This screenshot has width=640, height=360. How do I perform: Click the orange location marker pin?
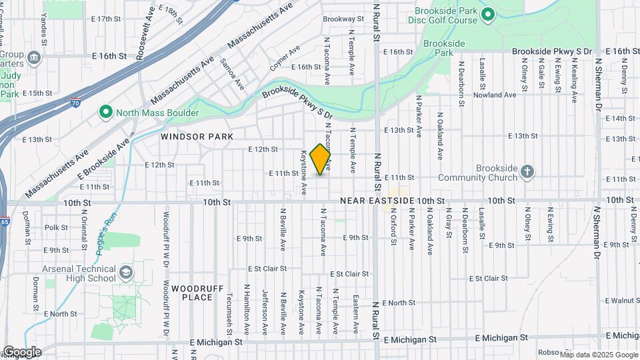tap(321, 159)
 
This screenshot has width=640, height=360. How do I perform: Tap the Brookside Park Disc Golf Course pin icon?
tap(487, 14)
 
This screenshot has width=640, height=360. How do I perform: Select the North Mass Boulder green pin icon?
tap(105, 112)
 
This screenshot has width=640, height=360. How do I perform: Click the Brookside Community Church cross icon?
tap(527, 172)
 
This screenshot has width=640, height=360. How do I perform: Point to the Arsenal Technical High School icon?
tap(126, 273)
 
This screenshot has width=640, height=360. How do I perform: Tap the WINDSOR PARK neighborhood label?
tap(197, 136)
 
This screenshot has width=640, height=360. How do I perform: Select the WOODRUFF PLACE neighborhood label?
tap(191, 293)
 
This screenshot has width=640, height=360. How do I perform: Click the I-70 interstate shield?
tap(77, 103)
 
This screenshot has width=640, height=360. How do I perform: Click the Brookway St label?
tap(342, 19)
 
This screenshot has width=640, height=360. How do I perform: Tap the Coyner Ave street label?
tap(285, 59)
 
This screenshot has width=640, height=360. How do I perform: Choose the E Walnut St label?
tap(619, 301)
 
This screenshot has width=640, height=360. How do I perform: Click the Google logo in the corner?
tap(21, 352)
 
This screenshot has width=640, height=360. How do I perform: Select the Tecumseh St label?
tap(229, 313)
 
